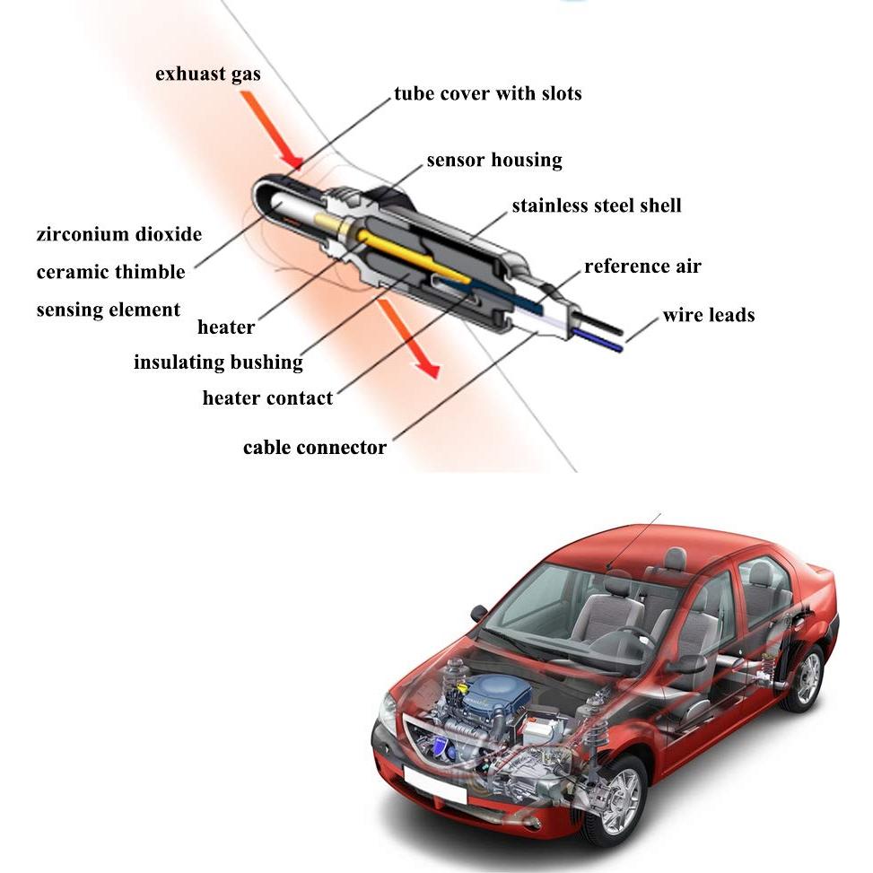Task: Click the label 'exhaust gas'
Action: point(207,74)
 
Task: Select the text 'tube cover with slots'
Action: point(487,93)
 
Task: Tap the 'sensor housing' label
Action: point(493,161)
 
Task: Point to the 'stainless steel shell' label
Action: point(596,205)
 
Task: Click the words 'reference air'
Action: point(642,266)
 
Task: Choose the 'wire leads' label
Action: point(708,315)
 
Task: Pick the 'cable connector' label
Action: point(314,447)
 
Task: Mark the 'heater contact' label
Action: point(267,397)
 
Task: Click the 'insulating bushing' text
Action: point(218,362)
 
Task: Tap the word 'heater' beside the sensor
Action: point(226,327)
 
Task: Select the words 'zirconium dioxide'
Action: point(118,235)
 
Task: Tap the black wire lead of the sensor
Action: point(601,321)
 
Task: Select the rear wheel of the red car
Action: point(804,677)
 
